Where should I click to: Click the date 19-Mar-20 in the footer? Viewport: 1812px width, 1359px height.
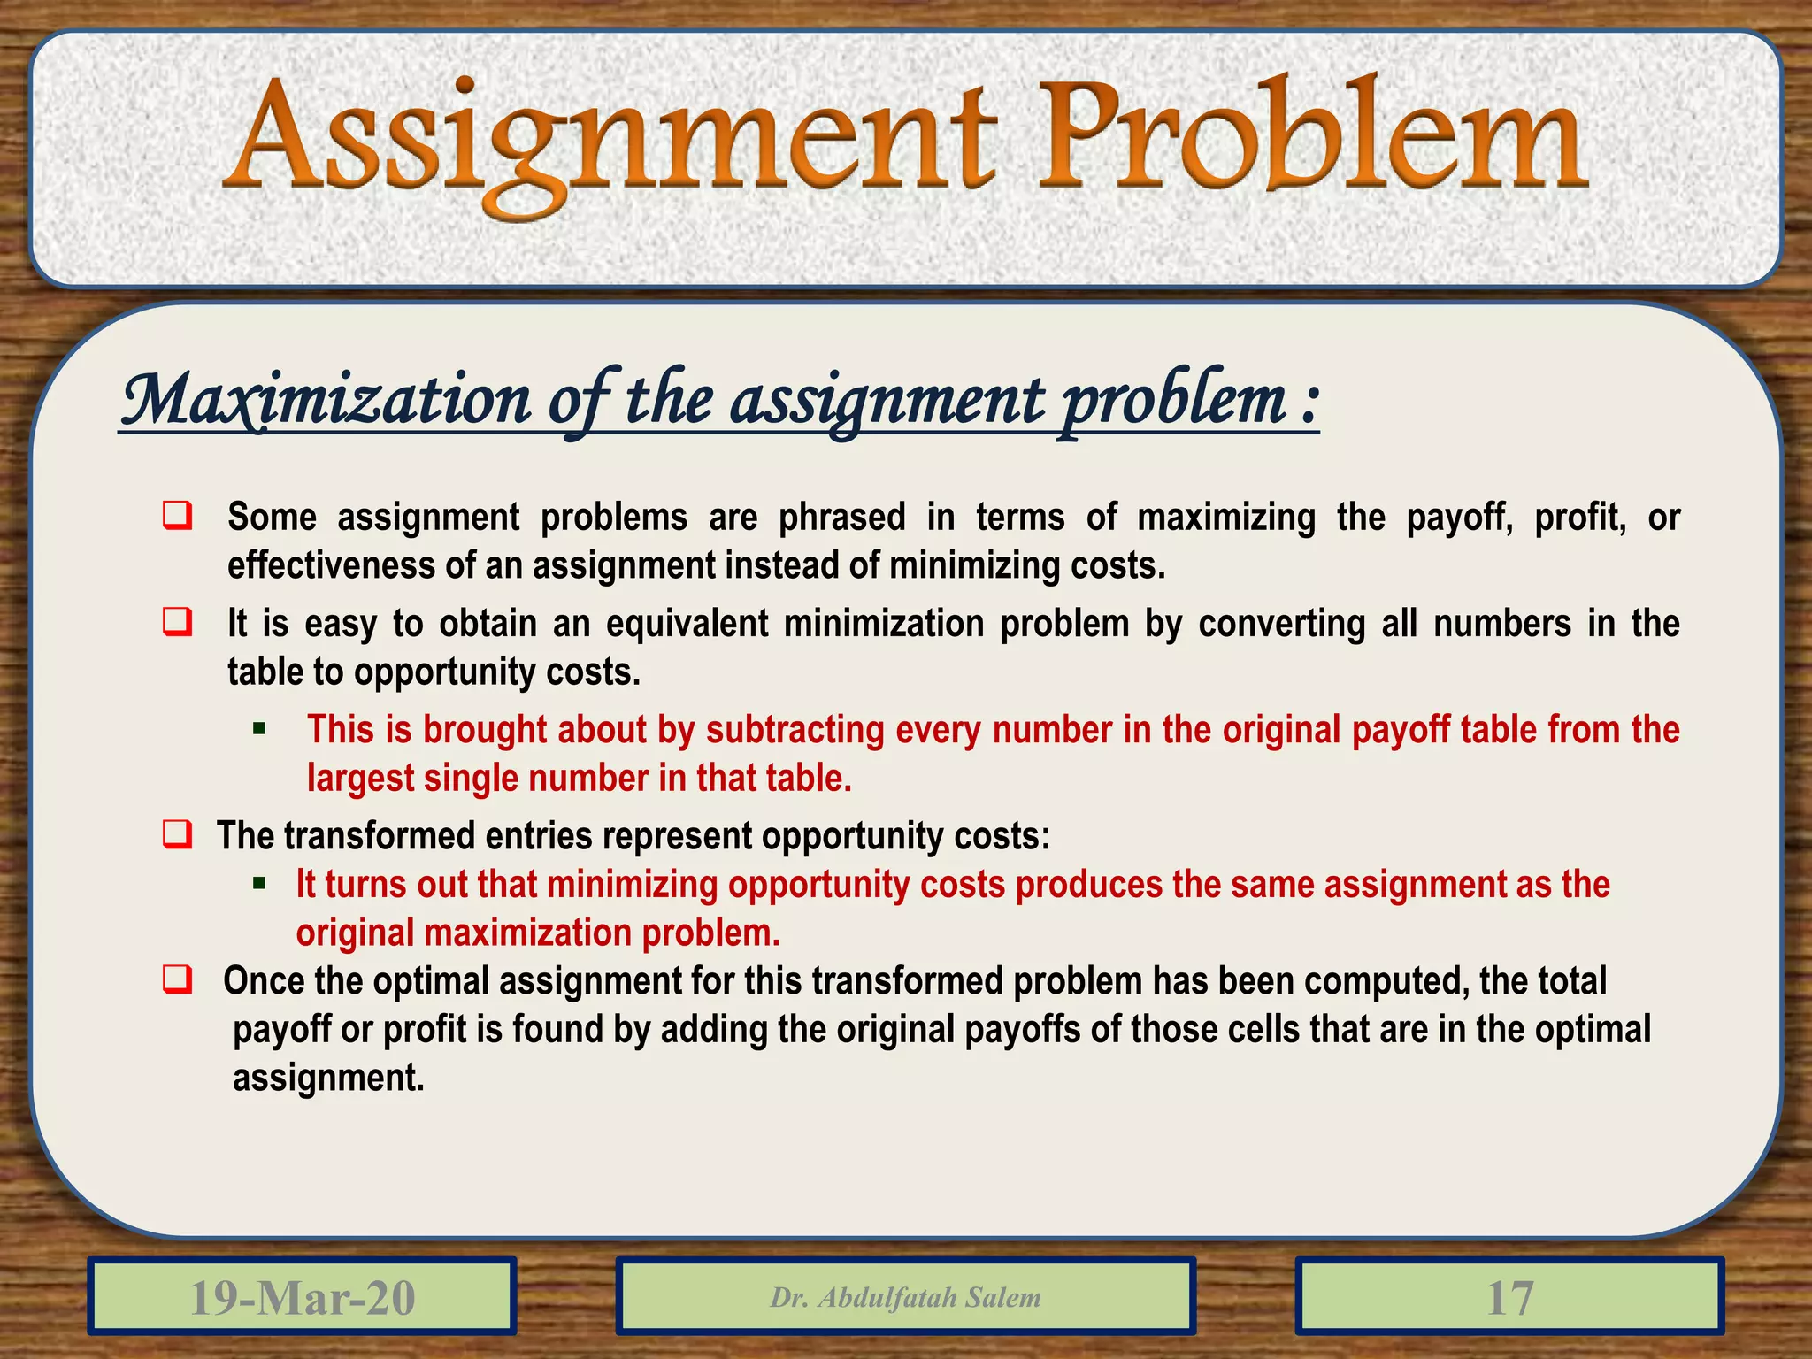coord(302,1297)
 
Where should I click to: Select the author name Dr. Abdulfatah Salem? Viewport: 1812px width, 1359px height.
coord(905,1297)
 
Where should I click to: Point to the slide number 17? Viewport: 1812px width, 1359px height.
coord(1509,1297)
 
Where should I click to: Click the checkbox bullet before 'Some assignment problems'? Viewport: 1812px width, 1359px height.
coord(178,516)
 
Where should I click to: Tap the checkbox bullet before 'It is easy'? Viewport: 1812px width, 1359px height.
coord(178,622)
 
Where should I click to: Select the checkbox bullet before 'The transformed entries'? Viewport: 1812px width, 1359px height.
coord(178,834)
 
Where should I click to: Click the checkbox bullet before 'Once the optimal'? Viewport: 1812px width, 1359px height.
coord(178,979)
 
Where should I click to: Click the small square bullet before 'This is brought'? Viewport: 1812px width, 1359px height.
coord(259,729)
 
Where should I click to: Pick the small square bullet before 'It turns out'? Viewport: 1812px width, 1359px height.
coord(259,883)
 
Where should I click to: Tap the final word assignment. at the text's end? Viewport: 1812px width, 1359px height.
coord(328,1078)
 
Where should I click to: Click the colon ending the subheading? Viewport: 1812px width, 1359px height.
coord(1309,403)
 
